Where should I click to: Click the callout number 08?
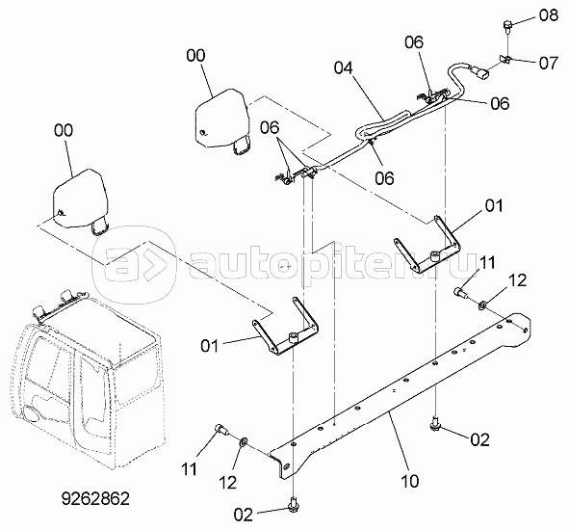(x=548, y=15)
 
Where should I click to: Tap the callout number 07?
(x=549, y=63)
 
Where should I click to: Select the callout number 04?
(x=344, y=67)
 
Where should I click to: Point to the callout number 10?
(x=410, y=481)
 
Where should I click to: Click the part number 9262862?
(x=95, y=499)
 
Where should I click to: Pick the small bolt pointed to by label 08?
(x=507, y=27)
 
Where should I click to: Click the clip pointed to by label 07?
(x=505, y=59)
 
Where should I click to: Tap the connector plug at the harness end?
(x=479, y=71)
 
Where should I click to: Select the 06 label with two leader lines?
(x=270, y=128)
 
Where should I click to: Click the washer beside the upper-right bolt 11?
(x=482, y=305)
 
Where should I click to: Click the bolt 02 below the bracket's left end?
(x=292, y=505)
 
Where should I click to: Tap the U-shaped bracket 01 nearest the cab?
(x=286, y=328)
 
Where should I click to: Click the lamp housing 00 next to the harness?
(x=222, y=121)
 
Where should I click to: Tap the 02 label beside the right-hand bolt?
(x=479, y=440)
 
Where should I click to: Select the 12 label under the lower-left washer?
(x=227, y=483)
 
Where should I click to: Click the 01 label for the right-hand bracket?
(x=494, y=206)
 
